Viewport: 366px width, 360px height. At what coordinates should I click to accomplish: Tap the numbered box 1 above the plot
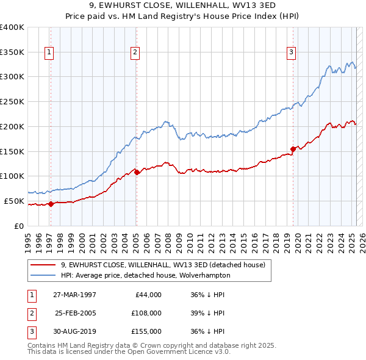coord(49,52)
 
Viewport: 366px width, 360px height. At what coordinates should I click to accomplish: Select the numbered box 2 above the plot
coord(134,52)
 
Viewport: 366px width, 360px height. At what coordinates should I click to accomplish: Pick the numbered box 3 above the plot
coord(292,52)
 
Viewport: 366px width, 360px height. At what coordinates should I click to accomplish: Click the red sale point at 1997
coord(51,204)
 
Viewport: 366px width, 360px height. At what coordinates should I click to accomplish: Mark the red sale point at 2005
coord(137,172)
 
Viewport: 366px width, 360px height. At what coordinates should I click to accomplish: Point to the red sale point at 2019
coord(293,148)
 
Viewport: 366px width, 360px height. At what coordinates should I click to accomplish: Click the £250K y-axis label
coord(12,102)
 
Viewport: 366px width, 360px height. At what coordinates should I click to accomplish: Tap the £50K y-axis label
coord(14,201)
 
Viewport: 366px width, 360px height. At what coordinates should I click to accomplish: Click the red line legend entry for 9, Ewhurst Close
coord(162,265)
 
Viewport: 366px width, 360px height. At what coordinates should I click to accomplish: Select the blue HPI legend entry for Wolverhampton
coord(145,275)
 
